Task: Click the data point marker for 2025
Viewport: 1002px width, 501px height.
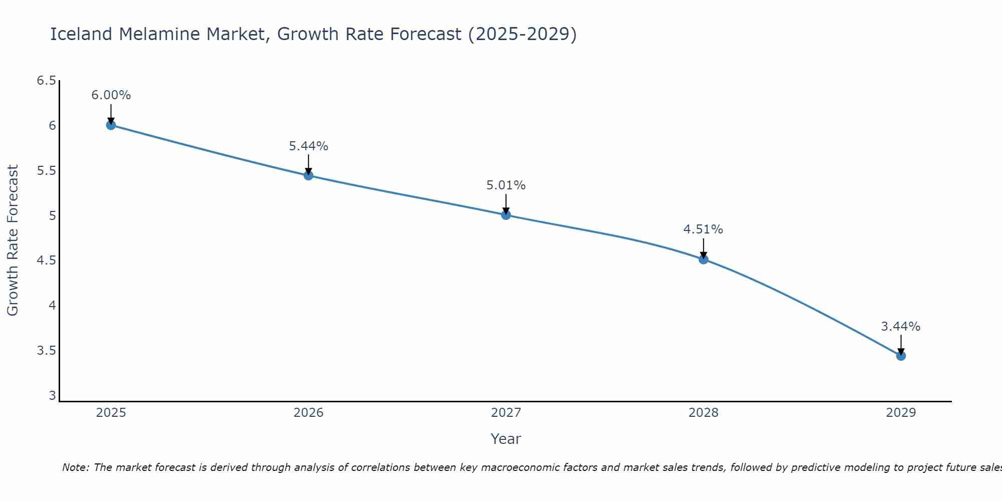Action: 111,125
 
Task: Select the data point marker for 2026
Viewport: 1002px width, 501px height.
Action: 309,175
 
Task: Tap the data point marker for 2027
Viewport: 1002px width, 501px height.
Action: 506,215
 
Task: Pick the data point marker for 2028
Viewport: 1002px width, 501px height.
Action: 703,259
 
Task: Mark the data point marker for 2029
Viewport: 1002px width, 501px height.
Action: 901,356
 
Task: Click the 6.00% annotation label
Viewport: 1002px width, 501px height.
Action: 111,95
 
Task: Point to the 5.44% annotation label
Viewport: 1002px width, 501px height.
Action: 309,146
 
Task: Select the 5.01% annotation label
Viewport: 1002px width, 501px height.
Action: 506,185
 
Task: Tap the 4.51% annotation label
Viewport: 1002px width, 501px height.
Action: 703,229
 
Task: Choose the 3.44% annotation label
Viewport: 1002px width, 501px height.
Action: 901,327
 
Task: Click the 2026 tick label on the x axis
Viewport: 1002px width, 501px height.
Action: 309,413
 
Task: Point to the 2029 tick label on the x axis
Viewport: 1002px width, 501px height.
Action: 901,413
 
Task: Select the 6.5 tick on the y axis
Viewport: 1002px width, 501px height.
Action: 47,81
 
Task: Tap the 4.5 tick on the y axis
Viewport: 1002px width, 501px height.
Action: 47,261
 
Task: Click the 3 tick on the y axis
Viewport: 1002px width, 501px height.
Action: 52,396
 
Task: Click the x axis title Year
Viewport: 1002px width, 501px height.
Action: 506,439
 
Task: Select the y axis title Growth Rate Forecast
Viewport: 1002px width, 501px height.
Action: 13,240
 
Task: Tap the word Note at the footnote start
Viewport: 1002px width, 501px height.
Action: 75,467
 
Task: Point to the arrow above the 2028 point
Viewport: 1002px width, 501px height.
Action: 703,248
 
